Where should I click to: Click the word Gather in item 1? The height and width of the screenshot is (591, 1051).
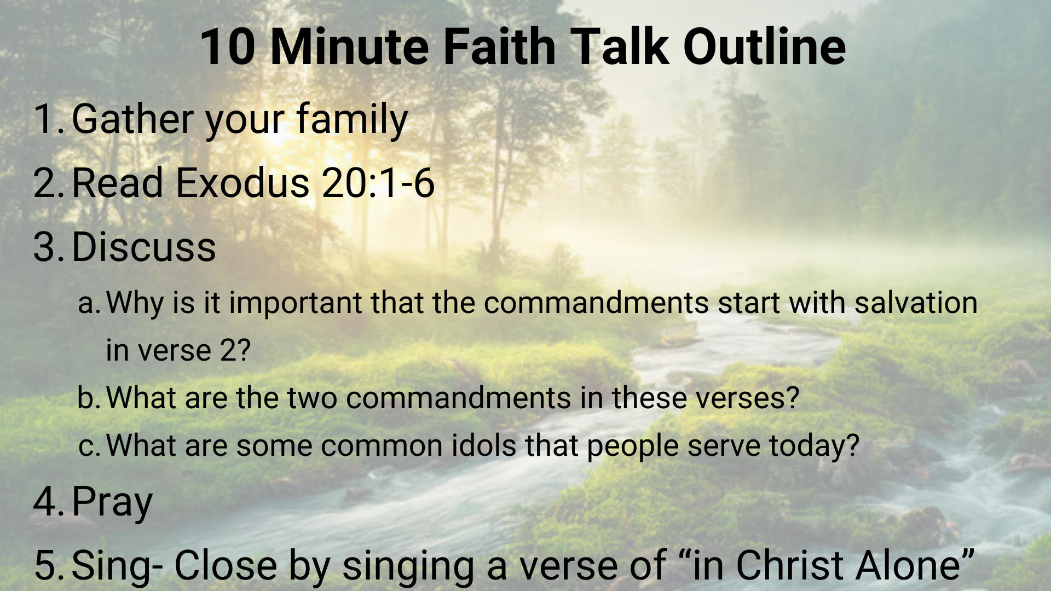click(132, 119)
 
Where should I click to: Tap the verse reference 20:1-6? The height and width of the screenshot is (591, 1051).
click(378, 183)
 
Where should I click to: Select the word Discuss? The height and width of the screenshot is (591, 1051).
click(144, 246)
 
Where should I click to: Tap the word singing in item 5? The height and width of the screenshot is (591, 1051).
click(408, 566)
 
